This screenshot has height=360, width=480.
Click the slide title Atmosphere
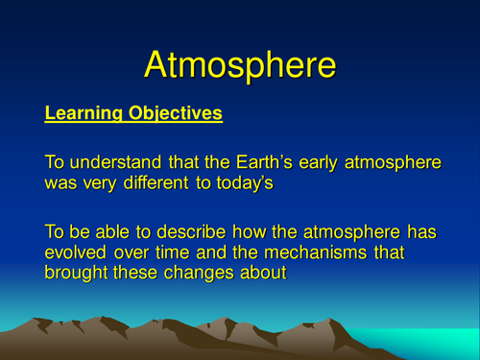(x=240, y=64)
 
